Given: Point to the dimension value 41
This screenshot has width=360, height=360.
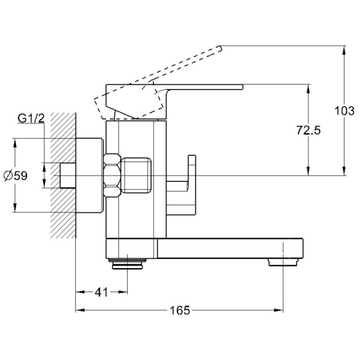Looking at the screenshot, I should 101,292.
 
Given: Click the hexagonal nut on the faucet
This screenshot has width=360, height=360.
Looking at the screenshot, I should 112,175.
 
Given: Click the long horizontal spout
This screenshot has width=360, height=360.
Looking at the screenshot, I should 228,247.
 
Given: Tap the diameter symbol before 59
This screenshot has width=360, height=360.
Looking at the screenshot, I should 7,175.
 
